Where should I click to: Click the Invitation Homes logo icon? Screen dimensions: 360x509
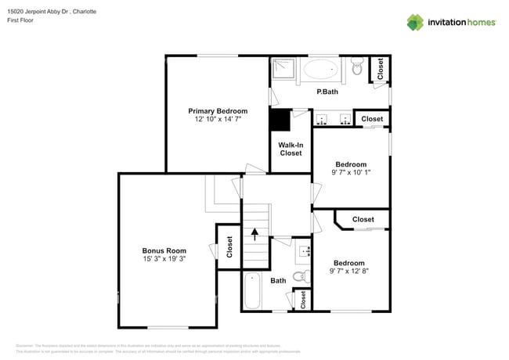click(414, 22)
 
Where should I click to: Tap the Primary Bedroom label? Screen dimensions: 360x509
click(218, 111)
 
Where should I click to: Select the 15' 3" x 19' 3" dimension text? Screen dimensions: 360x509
click(164, 259)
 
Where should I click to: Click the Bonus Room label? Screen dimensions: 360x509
click(164, 250)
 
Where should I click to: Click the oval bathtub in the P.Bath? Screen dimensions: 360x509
click(319, 70)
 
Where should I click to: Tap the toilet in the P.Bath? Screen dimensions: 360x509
click(357, 70)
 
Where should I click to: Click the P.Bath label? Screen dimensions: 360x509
click(327, 92)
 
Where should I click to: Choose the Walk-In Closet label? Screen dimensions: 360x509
click(291, 149)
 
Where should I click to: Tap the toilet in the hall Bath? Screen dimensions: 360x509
click(300, 276)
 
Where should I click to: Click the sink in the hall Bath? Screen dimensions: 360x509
click(304, 251)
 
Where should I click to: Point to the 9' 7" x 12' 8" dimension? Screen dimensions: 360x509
click(348, 272)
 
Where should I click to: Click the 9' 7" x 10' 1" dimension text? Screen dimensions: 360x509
click(350, 173)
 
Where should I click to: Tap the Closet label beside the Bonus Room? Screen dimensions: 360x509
click(229, 247)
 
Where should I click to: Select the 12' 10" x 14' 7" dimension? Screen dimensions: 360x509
click(218, 120)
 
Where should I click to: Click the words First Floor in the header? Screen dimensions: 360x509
click(21, 20)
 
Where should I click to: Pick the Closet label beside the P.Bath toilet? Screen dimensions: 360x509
click(380, 70)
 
